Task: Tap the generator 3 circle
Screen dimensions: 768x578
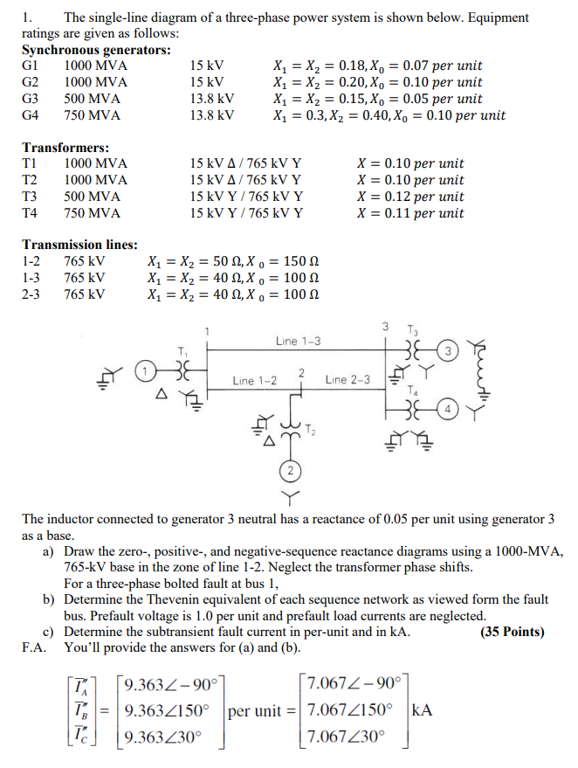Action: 448,351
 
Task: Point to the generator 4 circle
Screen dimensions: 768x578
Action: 448,407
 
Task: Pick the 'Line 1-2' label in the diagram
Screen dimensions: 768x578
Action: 255,380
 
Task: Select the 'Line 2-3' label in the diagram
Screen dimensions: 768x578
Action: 347,380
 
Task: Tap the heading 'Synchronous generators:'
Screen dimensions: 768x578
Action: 97,50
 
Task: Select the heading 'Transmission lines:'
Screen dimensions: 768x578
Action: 80,245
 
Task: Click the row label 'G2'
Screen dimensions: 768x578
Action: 31,82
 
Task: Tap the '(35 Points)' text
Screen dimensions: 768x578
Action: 513,632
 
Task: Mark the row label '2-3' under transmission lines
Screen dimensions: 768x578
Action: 31,294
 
